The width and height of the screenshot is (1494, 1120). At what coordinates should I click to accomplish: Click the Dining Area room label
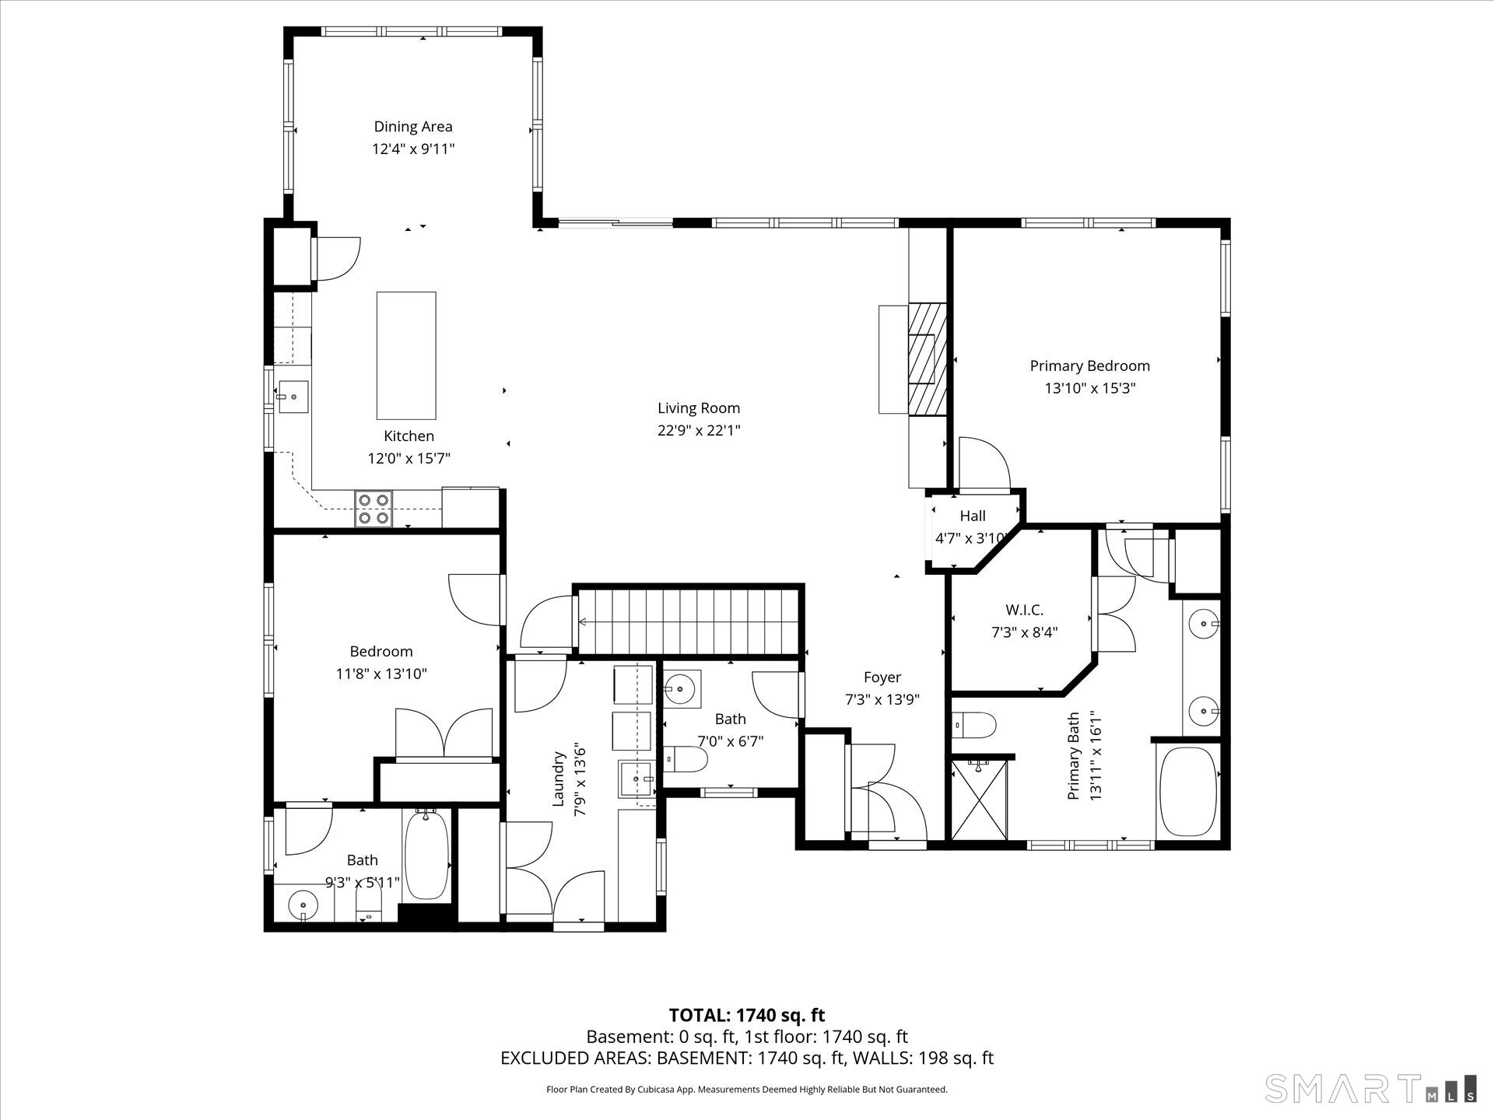[413, 127]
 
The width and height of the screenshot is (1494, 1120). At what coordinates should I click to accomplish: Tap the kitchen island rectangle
[406, 355]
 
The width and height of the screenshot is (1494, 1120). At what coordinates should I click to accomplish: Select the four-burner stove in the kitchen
[373, 509]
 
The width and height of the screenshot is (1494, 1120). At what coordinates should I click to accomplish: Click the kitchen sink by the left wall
[294, 397]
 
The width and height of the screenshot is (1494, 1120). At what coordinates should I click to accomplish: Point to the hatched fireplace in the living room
[928, 359]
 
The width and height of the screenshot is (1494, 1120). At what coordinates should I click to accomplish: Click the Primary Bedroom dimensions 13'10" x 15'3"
[1090, 388]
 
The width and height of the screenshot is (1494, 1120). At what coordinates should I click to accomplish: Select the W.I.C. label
[1024, 611]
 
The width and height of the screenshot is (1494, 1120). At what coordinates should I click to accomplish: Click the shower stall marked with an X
[979, 800]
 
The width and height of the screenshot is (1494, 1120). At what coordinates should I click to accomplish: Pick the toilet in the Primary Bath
[974, 726]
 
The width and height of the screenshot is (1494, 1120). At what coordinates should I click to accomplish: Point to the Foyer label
[882, 677]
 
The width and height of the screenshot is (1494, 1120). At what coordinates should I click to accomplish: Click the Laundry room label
[558, 779]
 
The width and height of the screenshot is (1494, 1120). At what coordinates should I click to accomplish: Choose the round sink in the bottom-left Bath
[303, 905]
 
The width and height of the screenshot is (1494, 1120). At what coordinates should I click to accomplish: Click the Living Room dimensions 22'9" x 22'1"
[699, 430]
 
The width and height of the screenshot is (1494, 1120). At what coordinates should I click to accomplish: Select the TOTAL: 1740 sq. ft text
[747, 1015]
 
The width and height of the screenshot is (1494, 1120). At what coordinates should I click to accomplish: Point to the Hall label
[973, 516]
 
